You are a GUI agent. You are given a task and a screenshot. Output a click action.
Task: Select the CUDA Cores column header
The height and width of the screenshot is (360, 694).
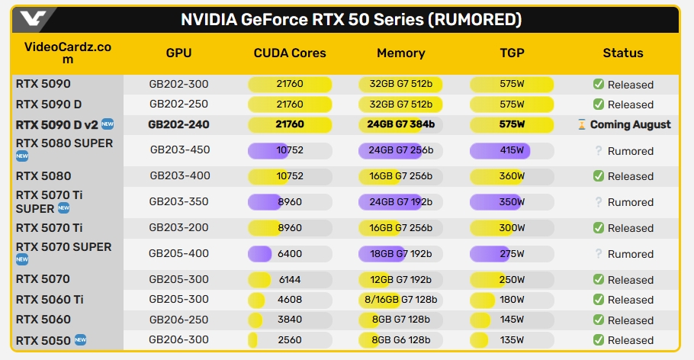[290, 53]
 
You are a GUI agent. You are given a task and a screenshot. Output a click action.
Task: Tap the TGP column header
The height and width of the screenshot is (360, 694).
[512, 53]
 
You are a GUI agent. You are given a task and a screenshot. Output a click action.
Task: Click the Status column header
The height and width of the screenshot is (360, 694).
[623, 53]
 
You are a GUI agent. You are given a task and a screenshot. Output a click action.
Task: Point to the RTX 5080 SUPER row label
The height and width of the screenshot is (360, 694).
[64, 143]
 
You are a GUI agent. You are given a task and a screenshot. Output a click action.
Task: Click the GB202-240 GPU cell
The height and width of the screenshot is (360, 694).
[178, 124]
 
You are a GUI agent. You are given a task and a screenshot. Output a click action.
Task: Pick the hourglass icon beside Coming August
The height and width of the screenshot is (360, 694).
[582, 124]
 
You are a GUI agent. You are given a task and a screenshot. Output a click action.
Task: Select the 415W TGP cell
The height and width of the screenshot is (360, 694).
[512, 151]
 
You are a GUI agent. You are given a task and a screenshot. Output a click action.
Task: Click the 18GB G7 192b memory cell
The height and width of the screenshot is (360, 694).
[400, 254]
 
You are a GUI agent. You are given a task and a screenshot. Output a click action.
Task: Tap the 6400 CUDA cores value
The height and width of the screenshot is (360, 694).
[290, 254]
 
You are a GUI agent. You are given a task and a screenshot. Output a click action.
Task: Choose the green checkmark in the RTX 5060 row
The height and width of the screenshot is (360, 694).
[599, 320]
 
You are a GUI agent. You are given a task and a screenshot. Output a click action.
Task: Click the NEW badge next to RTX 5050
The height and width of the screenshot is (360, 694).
[81, 339]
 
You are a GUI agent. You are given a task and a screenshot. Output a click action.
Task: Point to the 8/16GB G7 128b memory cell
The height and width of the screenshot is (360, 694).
[400, 300]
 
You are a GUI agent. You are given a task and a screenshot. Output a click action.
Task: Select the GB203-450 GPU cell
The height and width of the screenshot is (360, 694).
[178, 151]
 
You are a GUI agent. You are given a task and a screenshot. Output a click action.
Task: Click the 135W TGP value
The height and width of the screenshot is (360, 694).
[512, 340]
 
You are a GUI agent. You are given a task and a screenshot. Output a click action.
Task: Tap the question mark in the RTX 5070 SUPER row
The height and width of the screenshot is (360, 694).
[599, 254]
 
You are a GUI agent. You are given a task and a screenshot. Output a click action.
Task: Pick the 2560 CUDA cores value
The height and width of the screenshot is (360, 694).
[290, 340]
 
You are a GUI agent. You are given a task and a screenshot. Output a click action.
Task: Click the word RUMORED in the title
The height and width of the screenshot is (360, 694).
[474, 19]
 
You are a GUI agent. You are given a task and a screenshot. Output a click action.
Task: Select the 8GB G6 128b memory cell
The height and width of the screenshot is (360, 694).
[400, 340]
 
